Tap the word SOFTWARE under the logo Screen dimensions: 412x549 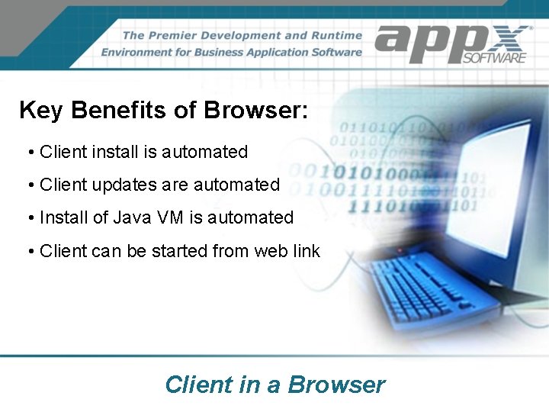(x=495, y=57)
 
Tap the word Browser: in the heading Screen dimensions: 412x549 (x=255, y=111)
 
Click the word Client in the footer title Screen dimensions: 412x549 (x=199, y=385)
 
